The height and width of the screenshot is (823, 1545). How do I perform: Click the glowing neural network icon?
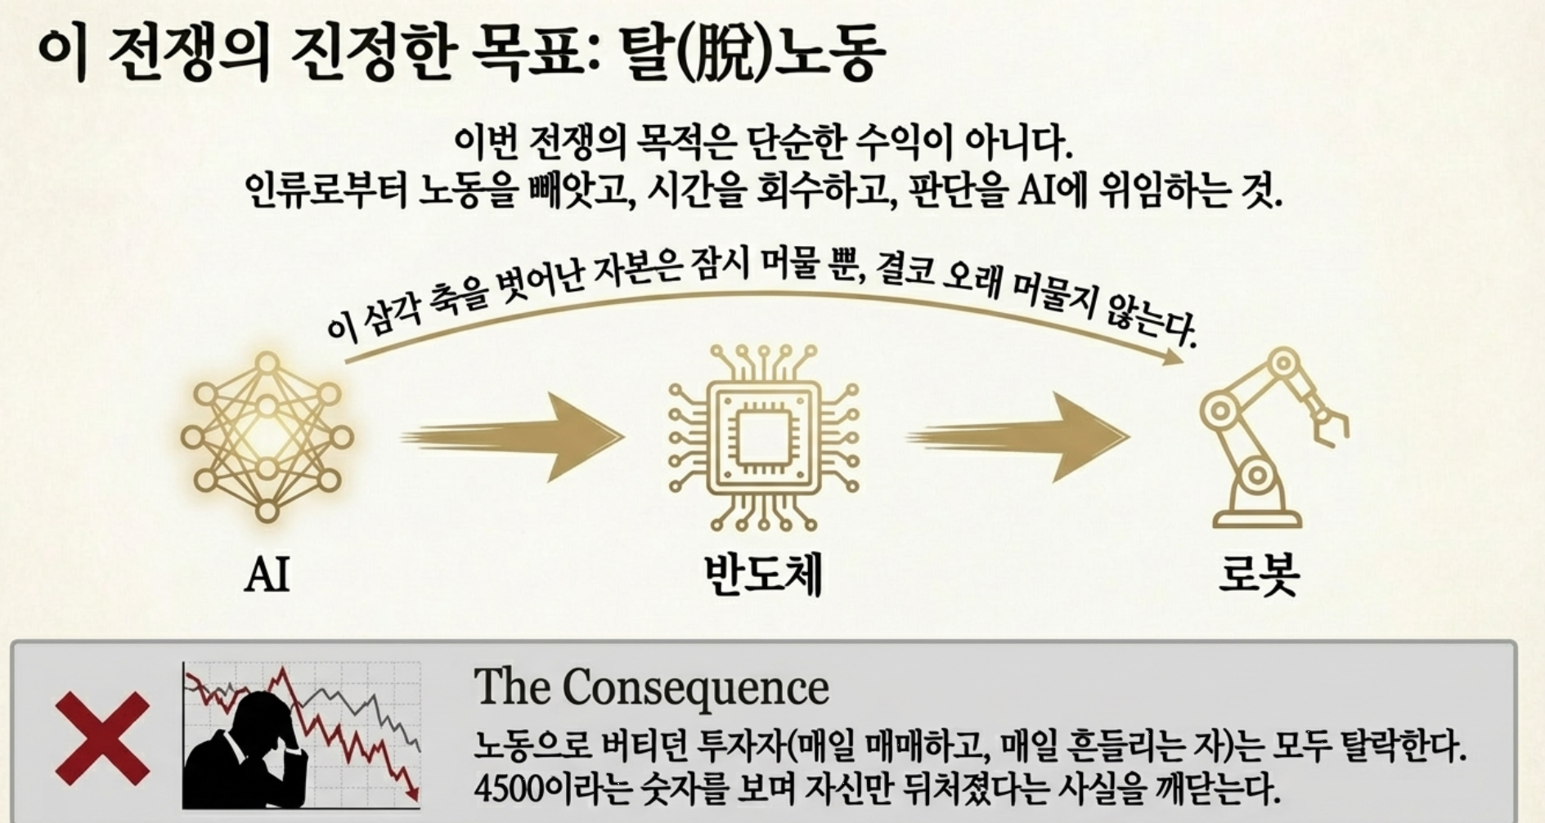[x=267, y=436]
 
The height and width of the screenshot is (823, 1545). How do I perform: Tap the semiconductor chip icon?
[x=764, y=437]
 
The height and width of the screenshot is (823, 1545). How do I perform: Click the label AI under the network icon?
[x=267, y=574]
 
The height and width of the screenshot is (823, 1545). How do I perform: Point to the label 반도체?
[x=764, y=574]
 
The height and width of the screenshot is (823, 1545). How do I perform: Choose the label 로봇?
[x=1259, y=574]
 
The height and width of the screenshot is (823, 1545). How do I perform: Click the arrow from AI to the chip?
[x=513, y=437]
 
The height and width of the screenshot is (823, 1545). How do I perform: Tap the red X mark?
[x=102, y=738]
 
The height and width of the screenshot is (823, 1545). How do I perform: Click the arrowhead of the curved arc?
[x=1174, y=355]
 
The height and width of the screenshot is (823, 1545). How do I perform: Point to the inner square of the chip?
[x=764, y=437]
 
